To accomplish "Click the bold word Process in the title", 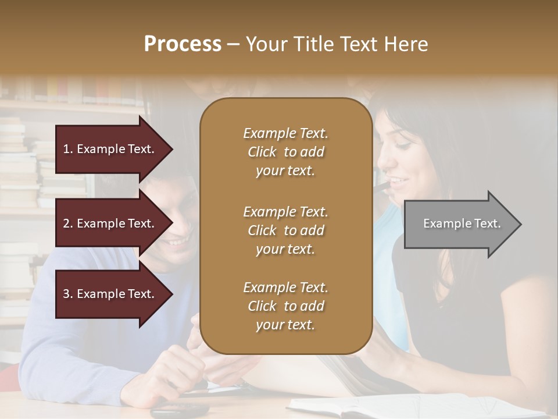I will pos(183,44).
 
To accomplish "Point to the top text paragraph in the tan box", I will pos(285,152).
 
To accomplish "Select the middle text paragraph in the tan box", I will pos(285,230).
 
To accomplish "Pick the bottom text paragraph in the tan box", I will pos(285,306).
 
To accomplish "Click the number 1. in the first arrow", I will pos(68,149).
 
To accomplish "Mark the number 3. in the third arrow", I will pos(68,294).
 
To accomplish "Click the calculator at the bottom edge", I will pos(179,411).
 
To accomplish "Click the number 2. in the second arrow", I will pos(68,223).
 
